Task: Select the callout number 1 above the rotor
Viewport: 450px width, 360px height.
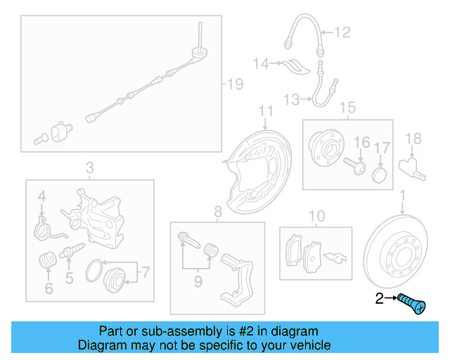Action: (x=402, y=195)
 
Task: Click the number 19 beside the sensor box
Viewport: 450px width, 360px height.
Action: (x=233, y=84)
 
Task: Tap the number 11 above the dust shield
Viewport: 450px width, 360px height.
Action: (x=265, y=111)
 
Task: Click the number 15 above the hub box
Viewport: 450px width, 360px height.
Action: (x=347, y=108)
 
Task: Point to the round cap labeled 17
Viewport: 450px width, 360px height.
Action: (x=380, y=173)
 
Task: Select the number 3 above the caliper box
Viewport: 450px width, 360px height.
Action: (x=89, y=167)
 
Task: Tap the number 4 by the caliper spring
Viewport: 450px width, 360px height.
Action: (x=41, y=195)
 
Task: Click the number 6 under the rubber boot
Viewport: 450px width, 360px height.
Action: (x=48, y=288)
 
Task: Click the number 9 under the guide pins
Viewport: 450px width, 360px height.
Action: (x=198, y=282)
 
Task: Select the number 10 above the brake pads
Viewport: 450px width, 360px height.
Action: (x=316, y=214)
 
